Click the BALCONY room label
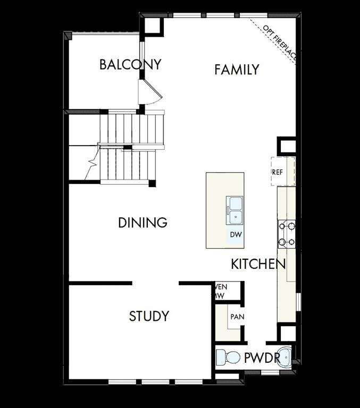(x=130, y=65)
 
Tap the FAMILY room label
(x=237, y=69)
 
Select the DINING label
(x=143, y=223)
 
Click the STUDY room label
(x=149, y=316)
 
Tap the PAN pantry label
(x=237, y=317)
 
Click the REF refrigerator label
(x=278, y=172)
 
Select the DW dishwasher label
(x=236, y=234)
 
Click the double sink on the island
(x=235, y=208)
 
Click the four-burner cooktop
(x=286, y=234)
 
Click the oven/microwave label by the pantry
(x=219, y=291)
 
